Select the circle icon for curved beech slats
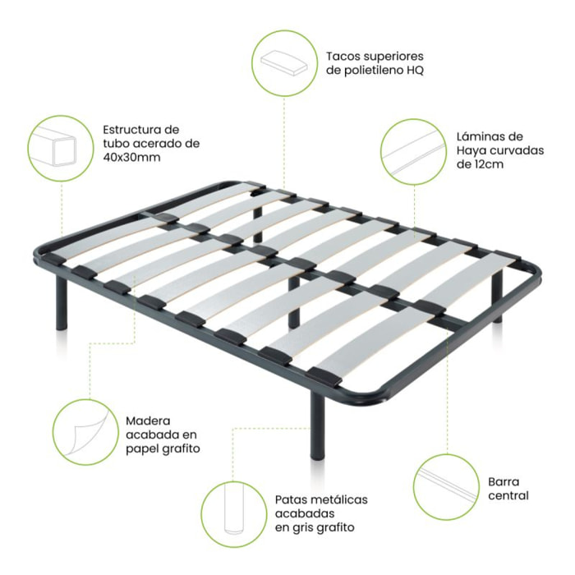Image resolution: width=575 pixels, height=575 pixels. pyautogui.click(x=413, y=149)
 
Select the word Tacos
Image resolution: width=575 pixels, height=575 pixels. pyautogui.click(x=343, y=57)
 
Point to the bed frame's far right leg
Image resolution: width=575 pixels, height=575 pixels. pyautogui.click(x=497, y=287)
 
